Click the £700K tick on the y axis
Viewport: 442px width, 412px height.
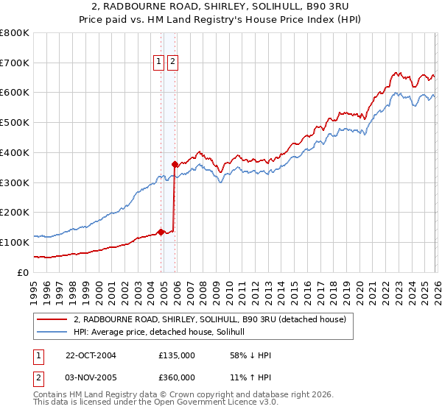[15, 63]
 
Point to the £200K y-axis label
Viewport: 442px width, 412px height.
[15, 212]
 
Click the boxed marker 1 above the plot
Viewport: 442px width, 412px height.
[159, 63]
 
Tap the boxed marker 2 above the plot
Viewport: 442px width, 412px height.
[172, 63]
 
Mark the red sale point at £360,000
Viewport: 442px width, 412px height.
[175, 165]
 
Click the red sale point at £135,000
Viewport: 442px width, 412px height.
[161, 232]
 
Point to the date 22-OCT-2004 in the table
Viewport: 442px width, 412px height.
[90, 355]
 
